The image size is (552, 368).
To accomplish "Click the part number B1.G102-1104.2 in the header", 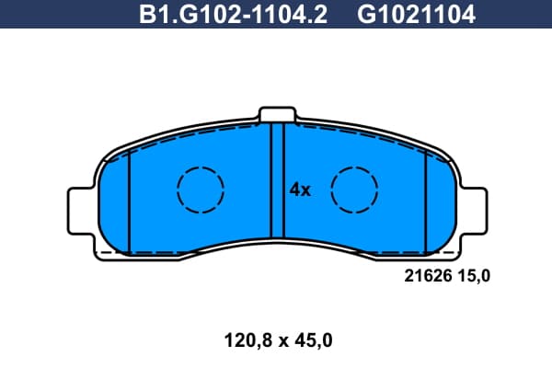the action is tap(233, 15).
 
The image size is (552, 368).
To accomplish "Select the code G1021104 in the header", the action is tap(417, 15).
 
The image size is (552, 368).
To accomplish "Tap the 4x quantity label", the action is tap(300, 190).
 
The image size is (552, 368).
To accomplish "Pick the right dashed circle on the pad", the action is tap(354, 167).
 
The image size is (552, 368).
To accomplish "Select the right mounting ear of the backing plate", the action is tap(474, 211).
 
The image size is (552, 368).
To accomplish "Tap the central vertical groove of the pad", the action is tap(278, 180).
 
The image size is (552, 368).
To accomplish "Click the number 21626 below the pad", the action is tap(428, 276).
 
